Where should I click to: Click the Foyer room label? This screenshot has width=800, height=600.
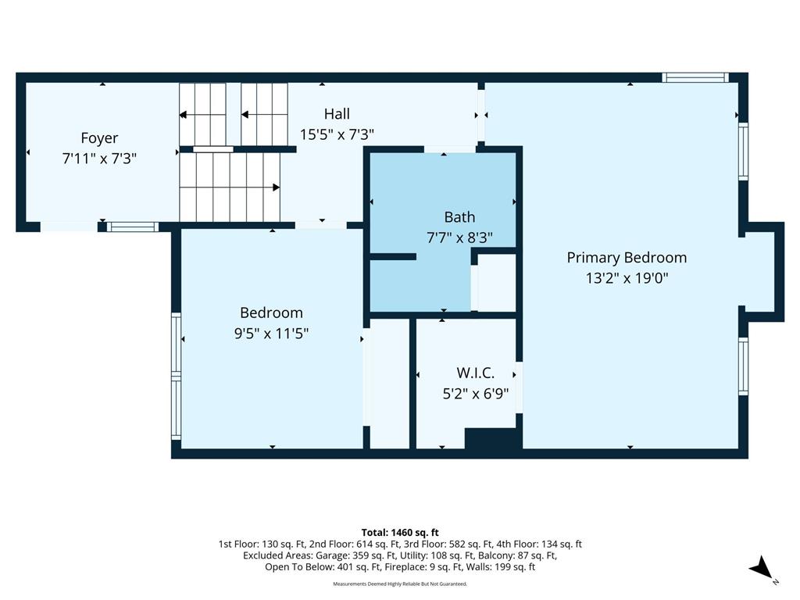(99, 138)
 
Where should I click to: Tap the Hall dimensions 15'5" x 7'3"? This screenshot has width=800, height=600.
(337, 134)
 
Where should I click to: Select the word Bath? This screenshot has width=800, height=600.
(459, 217)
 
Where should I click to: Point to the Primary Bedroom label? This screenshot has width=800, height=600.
(627, 258)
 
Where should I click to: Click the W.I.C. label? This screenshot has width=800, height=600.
(476, 373)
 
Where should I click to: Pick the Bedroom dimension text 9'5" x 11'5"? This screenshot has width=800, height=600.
(271, 334)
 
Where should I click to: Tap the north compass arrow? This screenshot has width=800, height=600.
(761, 568)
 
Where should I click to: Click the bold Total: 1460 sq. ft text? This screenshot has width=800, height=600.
(400, 533)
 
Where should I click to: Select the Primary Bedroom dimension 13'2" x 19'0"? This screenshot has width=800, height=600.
(627, 278)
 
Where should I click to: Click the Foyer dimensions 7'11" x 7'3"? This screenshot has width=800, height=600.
(99, 159)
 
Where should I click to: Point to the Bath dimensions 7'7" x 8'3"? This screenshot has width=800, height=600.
(459, 237)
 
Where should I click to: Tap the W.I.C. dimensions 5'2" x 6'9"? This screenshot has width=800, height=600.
(476, 394)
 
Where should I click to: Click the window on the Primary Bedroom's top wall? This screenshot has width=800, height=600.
(695, 77)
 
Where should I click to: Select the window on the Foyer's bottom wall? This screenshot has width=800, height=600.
(133, 227)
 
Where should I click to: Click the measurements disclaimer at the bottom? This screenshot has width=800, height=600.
(400, 584)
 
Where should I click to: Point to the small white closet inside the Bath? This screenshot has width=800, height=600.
(496, 282)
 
